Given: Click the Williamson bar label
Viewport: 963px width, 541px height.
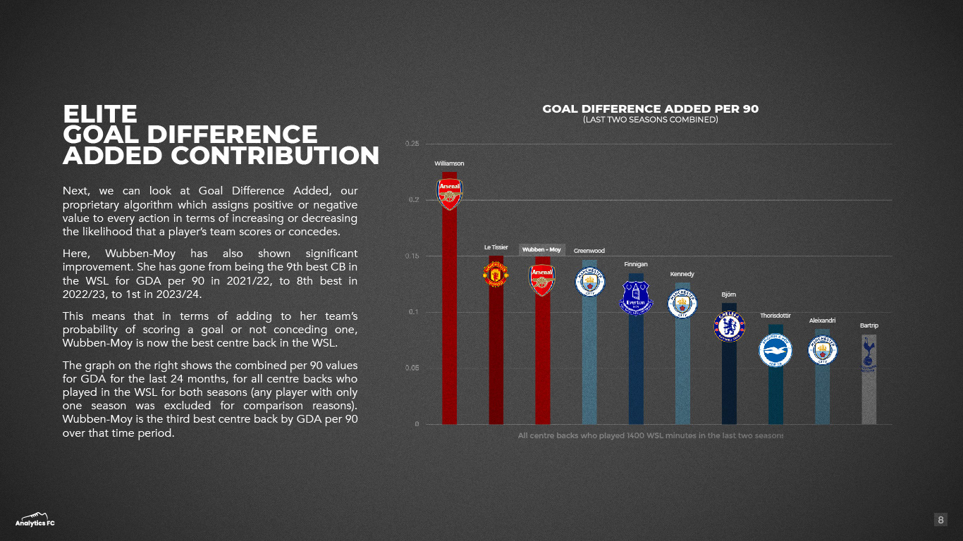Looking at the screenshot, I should (x=449, y=163).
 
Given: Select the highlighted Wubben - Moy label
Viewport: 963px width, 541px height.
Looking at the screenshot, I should (x=541, y=249).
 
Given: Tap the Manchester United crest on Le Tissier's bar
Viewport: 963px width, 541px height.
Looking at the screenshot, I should (x=496, y=275).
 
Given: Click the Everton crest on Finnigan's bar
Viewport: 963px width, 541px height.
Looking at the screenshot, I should (x=636, y=298).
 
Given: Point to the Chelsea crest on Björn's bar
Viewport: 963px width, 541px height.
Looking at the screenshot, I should (x=729, y=325).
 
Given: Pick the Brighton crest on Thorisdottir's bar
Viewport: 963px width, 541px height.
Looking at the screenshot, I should (x=775, y=350).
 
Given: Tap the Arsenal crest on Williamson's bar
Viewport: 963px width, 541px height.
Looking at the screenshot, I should (x=449, y=194).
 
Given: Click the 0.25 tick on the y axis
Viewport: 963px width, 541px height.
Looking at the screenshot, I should (x=412, y=144).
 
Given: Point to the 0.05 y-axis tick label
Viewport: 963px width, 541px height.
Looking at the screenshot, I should (x=412, y=368).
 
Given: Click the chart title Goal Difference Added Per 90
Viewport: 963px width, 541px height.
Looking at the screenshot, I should (x=650, y=109).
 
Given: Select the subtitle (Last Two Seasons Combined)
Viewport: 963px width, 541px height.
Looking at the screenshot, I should (x=650, y=120).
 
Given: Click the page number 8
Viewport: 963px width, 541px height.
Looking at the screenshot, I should (x=940, y=520).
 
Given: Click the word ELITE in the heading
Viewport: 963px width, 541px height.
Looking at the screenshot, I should (x=99, y=114).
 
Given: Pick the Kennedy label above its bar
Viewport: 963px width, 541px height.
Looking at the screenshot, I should (x=682, y=274).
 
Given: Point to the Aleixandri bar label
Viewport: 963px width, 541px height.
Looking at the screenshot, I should (x=822, y=321).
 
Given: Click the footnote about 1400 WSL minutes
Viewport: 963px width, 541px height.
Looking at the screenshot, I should (x=650, y=436).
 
